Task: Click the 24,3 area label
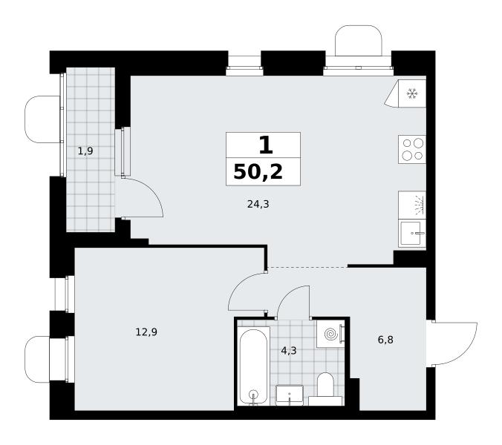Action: point(258,204)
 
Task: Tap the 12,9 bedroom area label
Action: point(146,332)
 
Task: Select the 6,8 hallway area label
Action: point(385,340)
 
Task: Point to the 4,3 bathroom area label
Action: point(289,350)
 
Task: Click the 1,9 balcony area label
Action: point(85,151)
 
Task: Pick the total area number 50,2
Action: point(258,171)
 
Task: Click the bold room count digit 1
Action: point(266,145)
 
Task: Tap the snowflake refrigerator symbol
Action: point(412,93)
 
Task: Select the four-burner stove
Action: point(412,150)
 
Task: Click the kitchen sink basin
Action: point(412,234)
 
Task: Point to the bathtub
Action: point(253,367)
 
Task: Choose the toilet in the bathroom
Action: point(325,389)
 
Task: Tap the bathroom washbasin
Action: point(290,395)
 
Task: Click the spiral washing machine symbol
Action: point(330,334)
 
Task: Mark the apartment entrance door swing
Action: point(465,351)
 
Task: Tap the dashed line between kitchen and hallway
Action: point(307,267)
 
